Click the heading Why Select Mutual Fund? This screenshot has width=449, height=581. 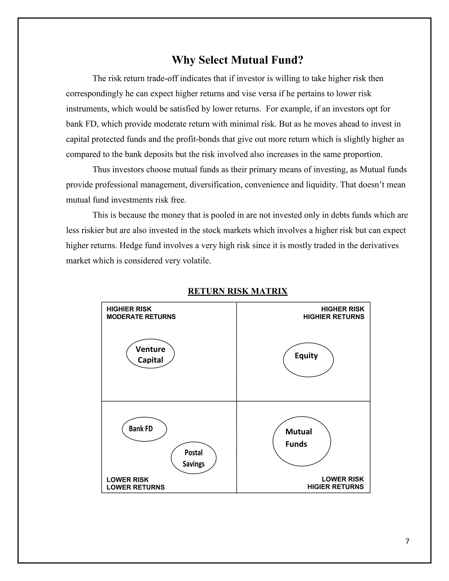pos(237,60)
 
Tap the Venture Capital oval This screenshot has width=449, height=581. pos(150,354)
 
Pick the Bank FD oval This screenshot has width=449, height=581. pos(144,429)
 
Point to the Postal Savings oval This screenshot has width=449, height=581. pos(193,458)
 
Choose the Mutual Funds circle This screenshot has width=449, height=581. pos(302,441)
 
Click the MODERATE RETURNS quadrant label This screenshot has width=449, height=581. pos(141,317)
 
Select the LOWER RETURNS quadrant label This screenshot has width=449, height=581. pos(135,487)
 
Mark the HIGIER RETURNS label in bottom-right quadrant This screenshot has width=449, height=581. pos(335,487)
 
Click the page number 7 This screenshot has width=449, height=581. pos(407,541)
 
